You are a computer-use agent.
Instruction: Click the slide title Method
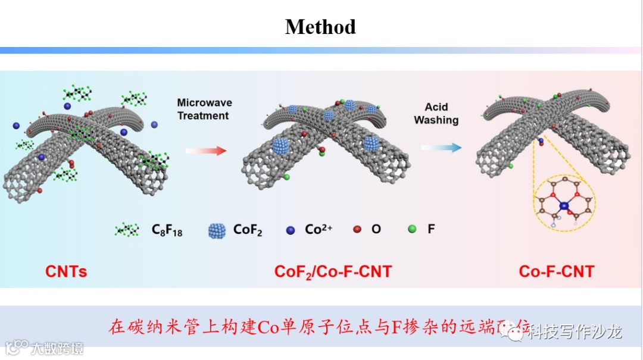click(320, 27)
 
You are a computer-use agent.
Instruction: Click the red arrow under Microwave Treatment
click(206, 151)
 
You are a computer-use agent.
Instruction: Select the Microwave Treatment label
click(203, 109)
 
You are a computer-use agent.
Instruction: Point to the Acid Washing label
click(436, 114)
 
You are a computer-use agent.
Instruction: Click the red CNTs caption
click(66, 272)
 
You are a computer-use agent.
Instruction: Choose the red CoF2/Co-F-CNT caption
click(333, 273)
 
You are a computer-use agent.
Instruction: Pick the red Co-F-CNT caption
click(557, 272)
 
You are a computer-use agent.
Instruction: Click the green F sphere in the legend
click(411, 228)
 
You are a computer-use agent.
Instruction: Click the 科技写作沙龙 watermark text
click(575, 331)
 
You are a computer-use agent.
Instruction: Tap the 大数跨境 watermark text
click(57, 348)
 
